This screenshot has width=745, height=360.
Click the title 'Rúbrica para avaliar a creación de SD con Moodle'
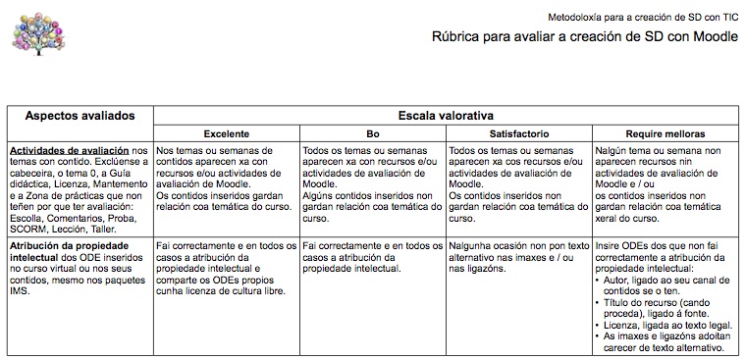(x=585, y=38)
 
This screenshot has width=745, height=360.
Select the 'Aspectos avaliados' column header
(x=80, y=116)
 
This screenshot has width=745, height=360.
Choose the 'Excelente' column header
(x=226, y=133)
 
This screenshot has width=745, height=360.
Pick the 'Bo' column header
(x=372, y=133)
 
